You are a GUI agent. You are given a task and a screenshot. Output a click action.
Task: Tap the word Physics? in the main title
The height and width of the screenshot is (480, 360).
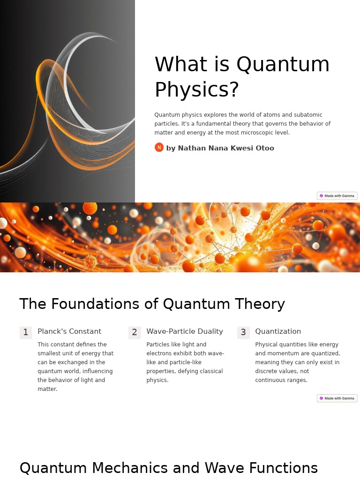pos(197,90)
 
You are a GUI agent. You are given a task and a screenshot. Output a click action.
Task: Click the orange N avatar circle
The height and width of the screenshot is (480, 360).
pos(159,147)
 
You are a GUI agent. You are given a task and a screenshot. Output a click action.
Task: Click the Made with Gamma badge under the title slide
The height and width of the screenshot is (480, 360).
pos(337,196)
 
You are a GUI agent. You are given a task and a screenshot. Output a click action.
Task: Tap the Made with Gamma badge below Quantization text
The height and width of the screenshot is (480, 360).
pos(337,398)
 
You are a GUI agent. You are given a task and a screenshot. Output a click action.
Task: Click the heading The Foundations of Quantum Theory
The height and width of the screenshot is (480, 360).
pos(152,304)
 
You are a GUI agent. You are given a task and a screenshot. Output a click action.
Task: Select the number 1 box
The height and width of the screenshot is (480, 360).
pos(26,332)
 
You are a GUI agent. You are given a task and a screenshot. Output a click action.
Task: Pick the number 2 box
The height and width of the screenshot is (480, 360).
pos(135,332)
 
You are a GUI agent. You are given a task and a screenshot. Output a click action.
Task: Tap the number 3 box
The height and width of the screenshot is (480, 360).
pos(243,332)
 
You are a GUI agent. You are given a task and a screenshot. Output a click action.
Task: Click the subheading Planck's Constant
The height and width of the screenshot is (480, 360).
pos(69,331)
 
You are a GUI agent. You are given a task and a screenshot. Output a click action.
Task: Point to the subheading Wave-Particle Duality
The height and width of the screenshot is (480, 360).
pos(185,331)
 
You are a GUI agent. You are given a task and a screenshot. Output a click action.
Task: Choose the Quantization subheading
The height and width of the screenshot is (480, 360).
pos(278,331)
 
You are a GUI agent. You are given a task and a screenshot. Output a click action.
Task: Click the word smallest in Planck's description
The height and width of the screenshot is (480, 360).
pos(49,353)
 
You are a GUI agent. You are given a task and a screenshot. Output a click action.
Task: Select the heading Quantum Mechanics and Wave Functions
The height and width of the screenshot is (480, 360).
pos(168,468)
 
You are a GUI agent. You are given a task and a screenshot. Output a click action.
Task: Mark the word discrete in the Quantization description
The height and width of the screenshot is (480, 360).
pos(268,371)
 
